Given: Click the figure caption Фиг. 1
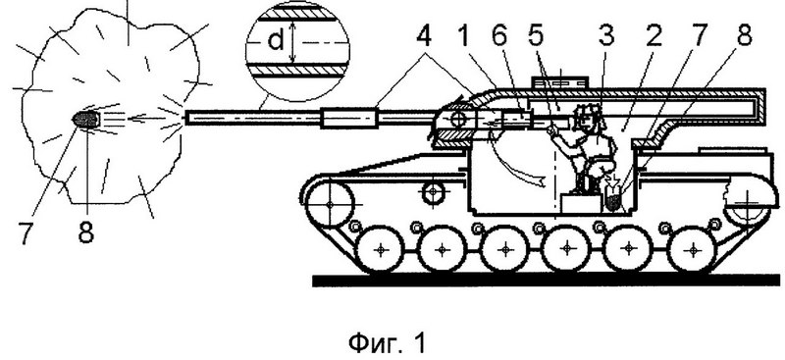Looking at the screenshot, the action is [387, 342].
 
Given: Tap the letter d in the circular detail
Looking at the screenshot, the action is [276, 40].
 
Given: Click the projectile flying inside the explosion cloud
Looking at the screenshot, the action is [86, 119].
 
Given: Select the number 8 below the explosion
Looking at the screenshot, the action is [86, 231].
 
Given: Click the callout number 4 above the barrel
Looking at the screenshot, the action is [424, 37].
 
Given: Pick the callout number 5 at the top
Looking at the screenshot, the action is [538, 37].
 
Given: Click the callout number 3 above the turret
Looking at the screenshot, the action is [607, 37].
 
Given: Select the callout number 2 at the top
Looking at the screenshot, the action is [653, 37].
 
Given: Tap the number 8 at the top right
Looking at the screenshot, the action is [744, 37].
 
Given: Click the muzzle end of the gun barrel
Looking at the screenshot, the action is [187, 118].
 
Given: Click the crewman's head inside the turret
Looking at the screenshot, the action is [586, 116].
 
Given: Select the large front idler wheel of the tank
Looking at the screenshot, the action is [330, 204].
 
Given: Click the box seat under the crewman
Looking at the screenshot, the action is [580, 204].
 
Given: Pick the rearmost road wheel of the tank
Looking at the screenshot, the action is [694, 249].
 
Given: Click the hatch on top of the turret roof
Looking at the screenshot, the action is [560, 82].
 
